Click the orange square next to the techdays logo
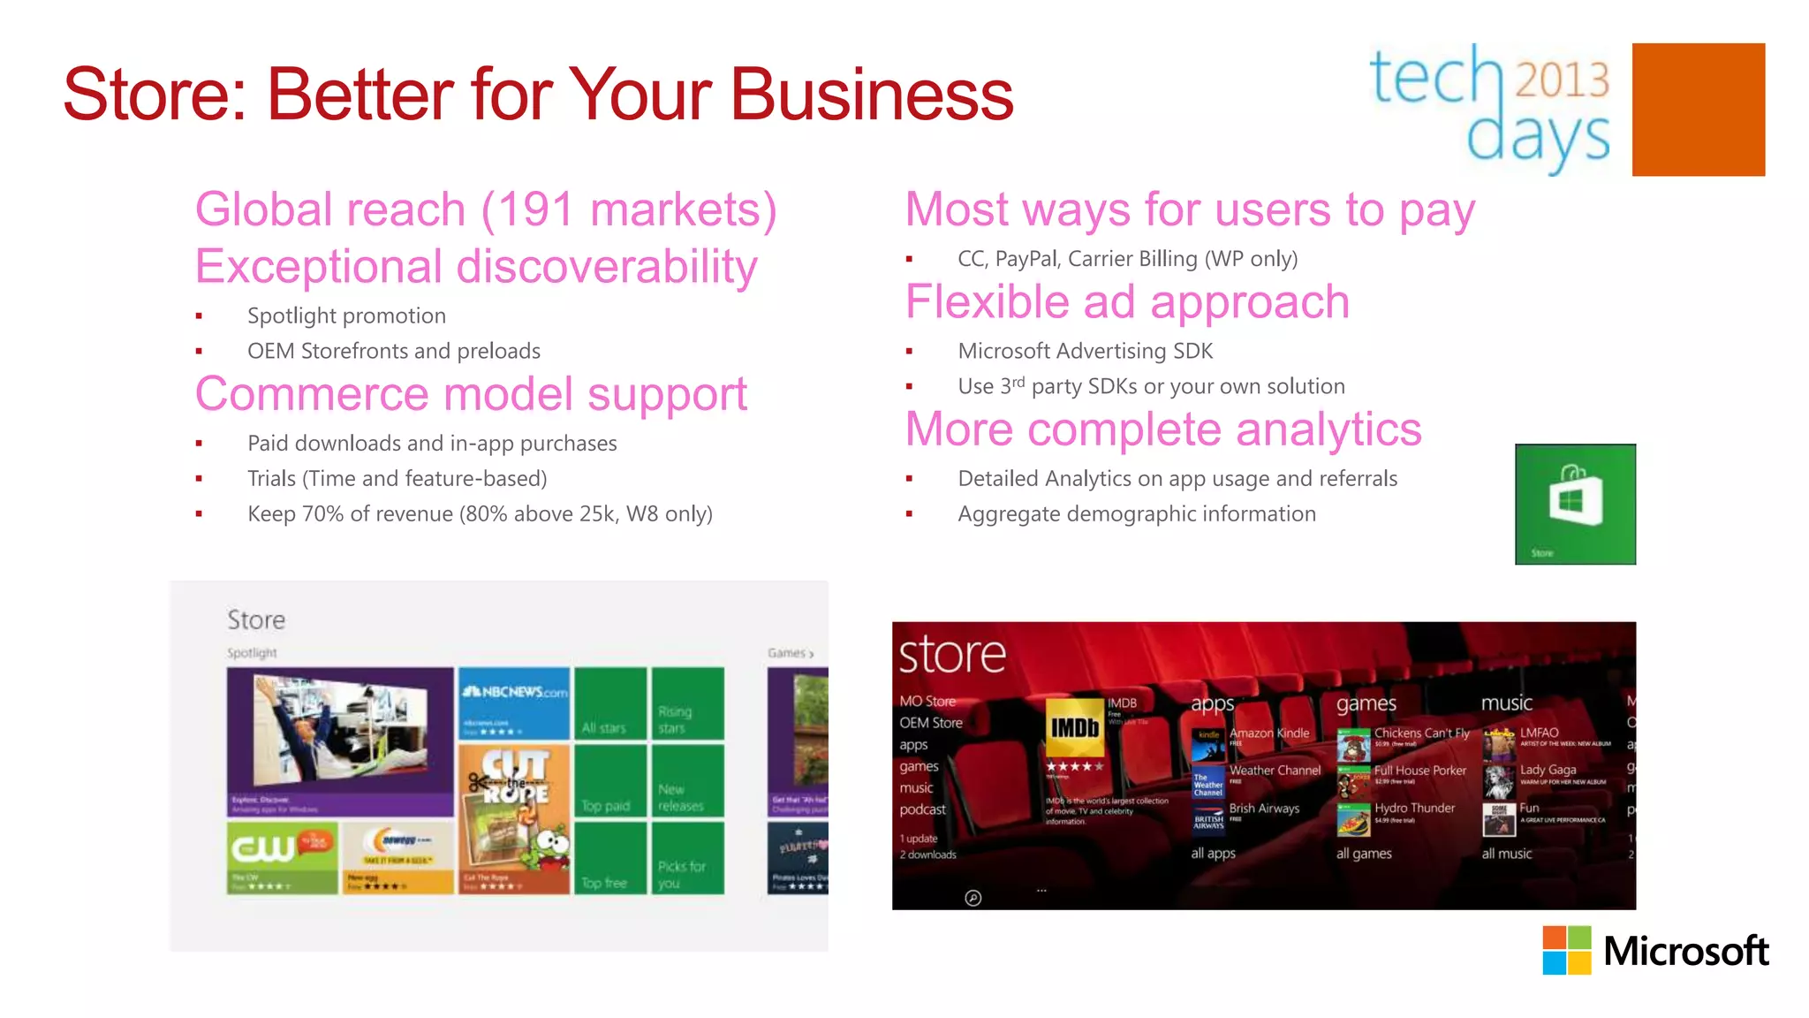tap(1698, 110)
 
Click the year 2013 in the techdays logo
tap(1562, 80)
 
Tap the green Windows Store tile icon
tap(1575, 504)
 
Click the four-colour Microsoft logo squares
tap(1566, 950)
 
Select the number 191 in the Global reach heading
tap(535, 210)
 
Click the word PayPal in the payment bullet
tap(1026, 259)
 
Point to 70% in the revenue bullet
tap(322, 514)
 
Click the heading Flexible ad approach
tap(1127, 302)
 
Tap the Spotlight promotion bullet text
tap(346, 316)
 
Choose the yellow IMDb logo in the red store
tap(1074, 727)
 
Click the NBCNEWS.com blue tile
tap(514, 703)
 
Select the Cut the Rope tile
tap(514, 817)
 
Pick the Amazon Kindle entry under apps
tap(1268, 733)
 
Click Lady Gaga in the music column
tap(1548, 770)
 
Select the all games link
tap(1363, 854)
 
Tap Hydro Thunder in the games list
tap(1413, 809)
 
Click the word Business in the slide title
tap(871, 95)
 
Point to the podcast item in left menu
tap(922, 809)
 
